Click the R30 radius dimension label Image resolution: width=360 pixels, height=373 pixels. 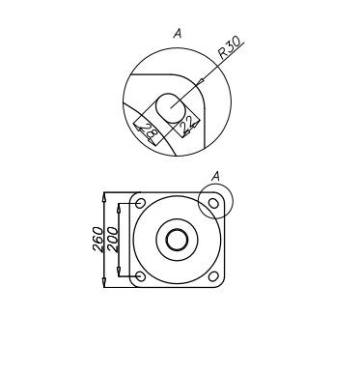(230, 47)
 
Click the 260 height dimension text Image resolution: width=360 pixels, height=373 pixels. (97, 240)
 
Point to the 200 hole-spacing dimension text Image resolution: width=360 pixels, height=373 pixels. (113, 240)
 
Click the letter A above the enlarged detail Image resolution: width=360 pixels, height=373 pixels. (178, 33)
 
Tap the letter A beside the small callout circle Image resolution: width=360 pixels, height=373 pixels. (216, 176)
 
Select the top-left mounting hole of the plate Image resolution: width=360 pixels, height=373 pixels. (140, 203)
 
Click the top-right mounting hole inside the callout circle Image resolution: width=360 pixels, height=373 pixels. (213, 203)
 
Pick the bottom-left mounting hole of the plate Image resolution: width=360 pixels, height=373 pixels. (140, 276)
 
